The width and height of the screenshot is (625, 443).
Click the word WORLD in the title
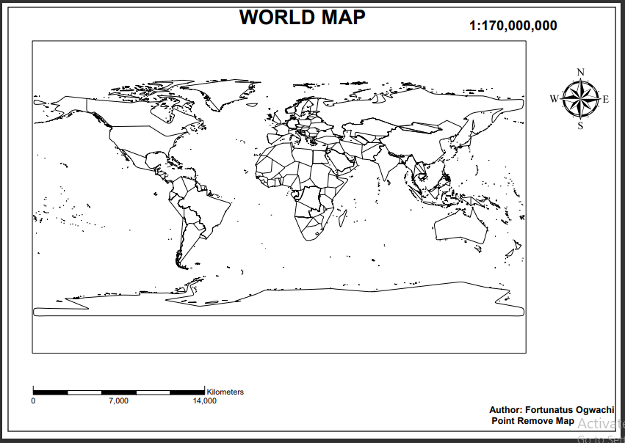(x=276, y=18)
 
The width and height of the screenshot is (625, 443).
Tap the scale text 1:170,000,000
(x=513, y=26)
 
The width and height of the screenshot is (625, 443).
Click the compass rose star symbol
(x=580, y=99)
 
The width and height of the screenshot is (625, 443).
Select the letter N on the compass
(x=581, y=72)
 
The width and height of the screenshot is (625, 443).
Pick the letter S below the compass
(x=580, y=125)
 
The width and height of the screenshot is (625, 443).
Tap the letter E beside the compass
(x=606, y=99)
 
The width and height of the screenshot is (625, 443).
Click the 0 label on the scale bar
(x=33, y=401)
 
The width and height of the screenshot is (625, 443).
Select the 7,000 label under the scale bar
(x=118, y=401)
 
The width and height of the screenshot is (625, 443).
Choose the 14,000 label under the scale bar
(x=204, y=401)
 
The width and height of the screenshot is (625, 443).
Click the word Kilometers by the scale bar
(x=225, y=392)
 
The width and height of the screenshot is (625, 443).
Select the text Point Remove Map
(x=532, y=421)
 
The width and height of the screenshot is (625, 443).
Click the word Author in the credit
(x=506, y=410)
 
